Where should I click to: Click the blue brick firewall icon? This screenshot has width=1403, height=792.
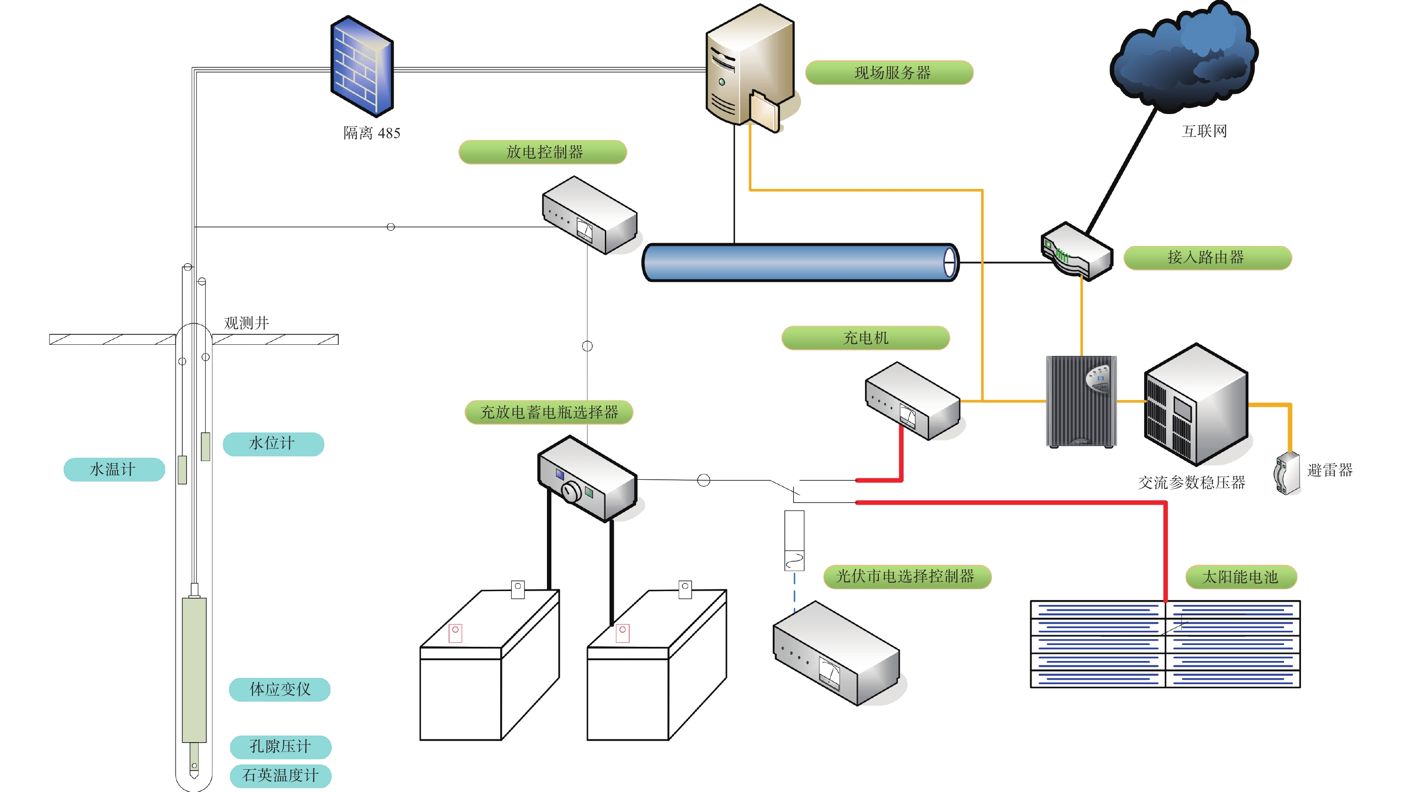pos(362,66)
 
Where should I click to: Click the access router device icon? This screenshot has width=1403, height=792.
pos(1076,252)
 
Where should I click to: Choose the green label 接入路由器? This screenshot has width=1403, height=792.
pos(1207,257)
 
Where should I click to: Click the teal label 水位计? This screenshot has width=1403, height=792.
pos(273,443)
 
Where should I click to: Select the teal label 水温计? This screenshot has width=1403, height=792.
pos(114,469)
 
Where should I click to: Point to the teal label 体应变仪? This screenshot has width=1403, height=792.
pos(279,689)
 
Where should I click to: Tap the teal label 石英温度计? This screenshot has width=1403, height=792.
pos(280,775)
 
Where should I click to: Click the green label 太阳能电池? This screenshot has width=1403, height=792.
pos(1240,577)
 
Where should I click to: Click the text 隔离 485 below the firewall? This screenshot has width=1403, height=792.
pos(371,133)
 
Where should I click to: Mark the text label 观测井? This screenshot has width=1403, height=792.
pos(246,323)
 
